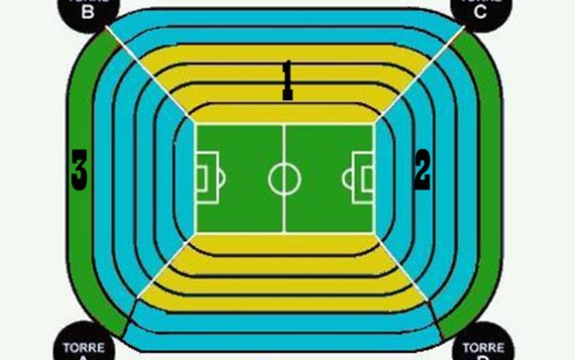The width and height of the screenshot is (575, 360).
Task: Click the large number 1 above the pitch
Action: tap(287, 79)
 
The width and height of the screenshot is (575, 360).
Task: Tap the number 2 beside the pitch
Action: tap(422, 170)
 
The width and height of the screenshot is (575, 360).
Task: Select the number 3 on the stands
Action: tap(79, 171)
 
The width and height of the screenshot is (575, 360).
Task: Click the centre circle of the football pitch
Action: tap(285, 179)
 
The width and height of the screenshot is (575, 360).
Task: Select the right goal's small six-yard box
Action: tap(368, 179)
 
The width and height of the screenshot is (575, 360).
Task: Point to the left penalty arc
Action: tap(222, 179)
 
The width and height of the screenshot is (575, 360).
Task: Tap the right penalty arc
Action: tap(346, 179)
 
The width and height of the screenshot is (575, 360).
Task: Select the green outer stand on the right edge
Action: tap(488, 179)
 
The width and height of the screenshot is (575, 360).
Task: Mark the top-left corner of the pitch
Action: tap(196, 125)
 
